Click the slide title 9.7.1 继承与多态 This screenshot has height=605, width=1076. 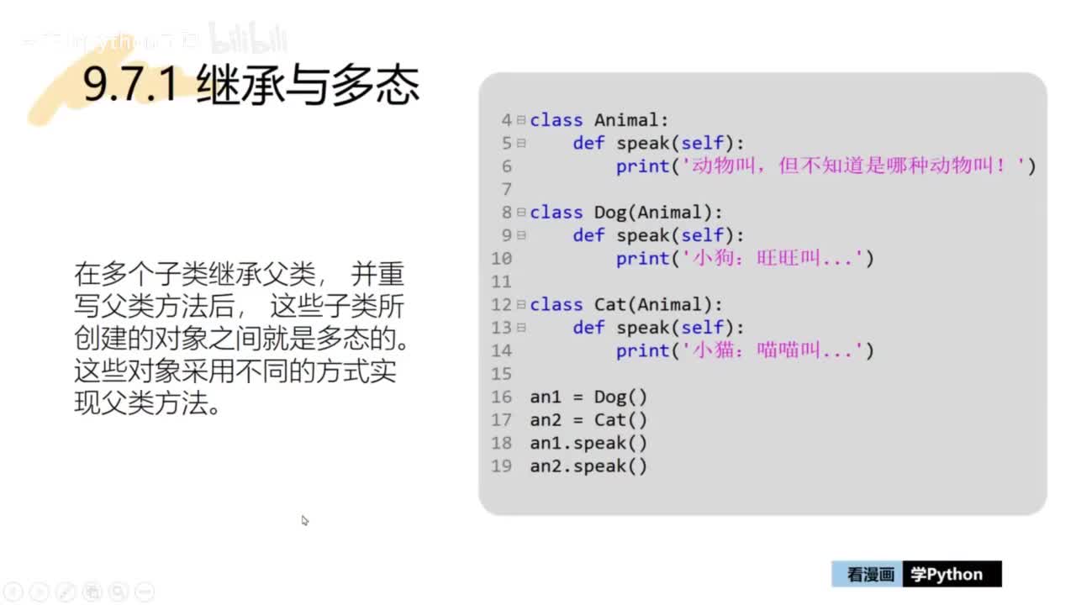251,86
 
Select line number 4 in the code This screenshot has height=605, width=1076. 507,120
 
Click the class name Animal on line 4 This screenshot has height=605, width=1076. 626,120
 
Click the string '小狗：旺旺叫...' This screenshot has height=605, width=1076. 771,259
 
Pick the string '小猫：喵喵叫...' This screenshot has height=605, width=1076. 771,350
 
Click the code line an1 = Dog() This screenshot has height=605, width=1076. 588,397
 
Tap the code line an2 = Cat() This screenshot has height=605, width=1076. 588,420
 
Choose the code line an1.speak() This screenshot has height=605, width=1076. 588,443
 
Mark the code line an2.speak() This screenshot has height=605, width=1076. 588,466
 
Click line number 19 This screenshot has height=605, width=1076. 502,466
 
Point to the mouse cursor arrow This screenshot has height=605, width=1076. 304,520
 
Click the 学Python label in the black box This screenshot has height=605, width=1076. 947,575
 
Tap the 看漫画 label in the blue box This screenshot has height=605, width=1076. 869,575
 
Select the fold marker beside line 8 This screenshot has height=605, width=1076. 522,213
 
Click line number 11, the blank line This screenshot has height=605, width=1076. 502,281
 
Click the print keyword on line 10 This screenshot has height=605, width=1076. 642,259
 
